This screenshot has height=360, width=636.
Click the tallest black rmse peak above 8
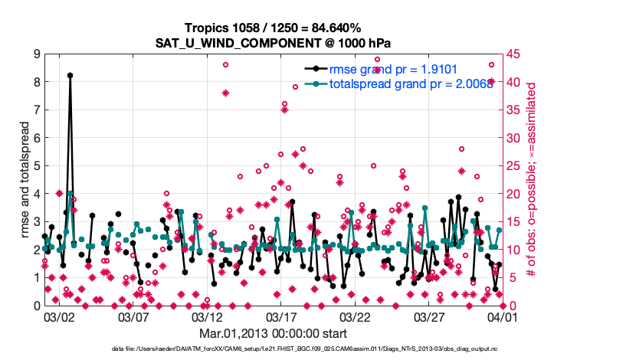click(x=70, y=75)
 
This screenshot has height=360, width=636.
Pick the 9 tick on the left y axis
click(x=36, y=54)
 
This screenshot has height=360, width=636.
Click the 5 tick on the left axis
click(x=36, y=166)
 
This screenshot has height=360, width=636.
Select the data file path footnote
click(x=318, y=349)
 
